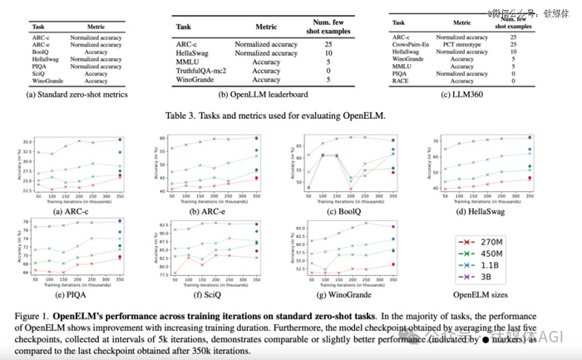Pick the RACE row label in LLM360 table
point(402,81)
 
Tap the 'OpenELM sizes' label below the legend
point(480,292)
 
